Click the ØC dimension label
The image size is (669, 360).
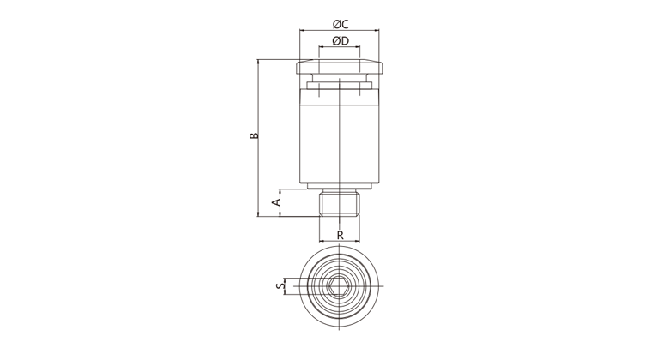pyautogui.click(x=340, y=24)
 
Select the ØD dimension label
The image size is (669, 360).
pyautogui.click(x=340, y=41)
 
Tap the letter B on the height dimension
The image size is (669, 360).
pyautogui.click(x=254, y=135)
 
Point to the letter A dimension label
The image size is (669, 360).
pyautogui.click(x=277, y=202)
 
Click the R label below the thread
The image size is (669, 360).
pyautogui.click(x=340, y=235)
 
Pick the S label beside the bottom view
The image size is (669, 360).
pyautogui.click(x=280, y=286)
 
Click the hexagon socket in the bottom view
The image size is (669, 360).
pyautogui.click(x=339, y=286)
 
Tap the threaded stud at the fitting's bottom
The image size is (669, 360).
pyautogui.click(x=339, y=203)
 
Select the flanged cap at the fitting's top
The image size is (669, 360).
pyautogui.click(x=339, y=67)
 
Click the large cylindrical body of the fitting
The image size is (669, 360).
pyautogui.click(x=339, y=135)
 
